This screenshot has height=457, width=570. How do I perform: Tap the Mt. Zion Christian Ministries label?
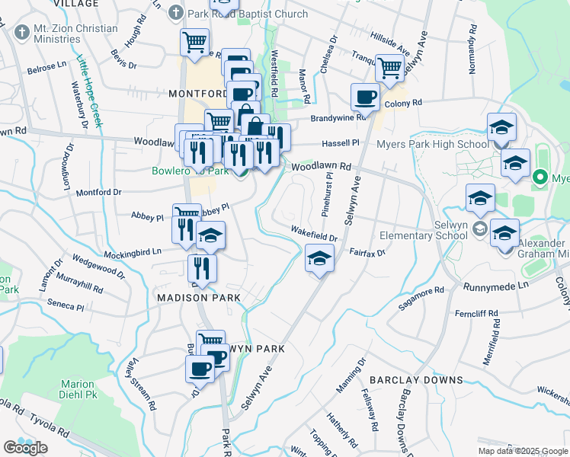click(x=65, y=34)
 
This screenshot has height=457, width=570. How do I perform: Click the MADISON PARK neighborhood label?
click(x=199, y=297)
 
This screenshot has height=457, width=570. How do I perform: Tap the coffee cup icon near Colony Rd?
click(x=365, y=97)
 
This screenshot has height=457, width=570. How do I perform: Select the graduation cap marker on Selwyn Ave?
click(x=320, y=259)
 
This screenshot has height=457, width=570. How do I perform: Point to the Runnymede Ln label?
click(x=496, y=285)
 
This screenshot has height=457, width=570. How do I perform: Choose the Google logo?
click(x=25, y=448)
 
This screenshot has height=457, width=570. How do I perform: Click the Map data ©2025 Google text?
click(x=522, y=451)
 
